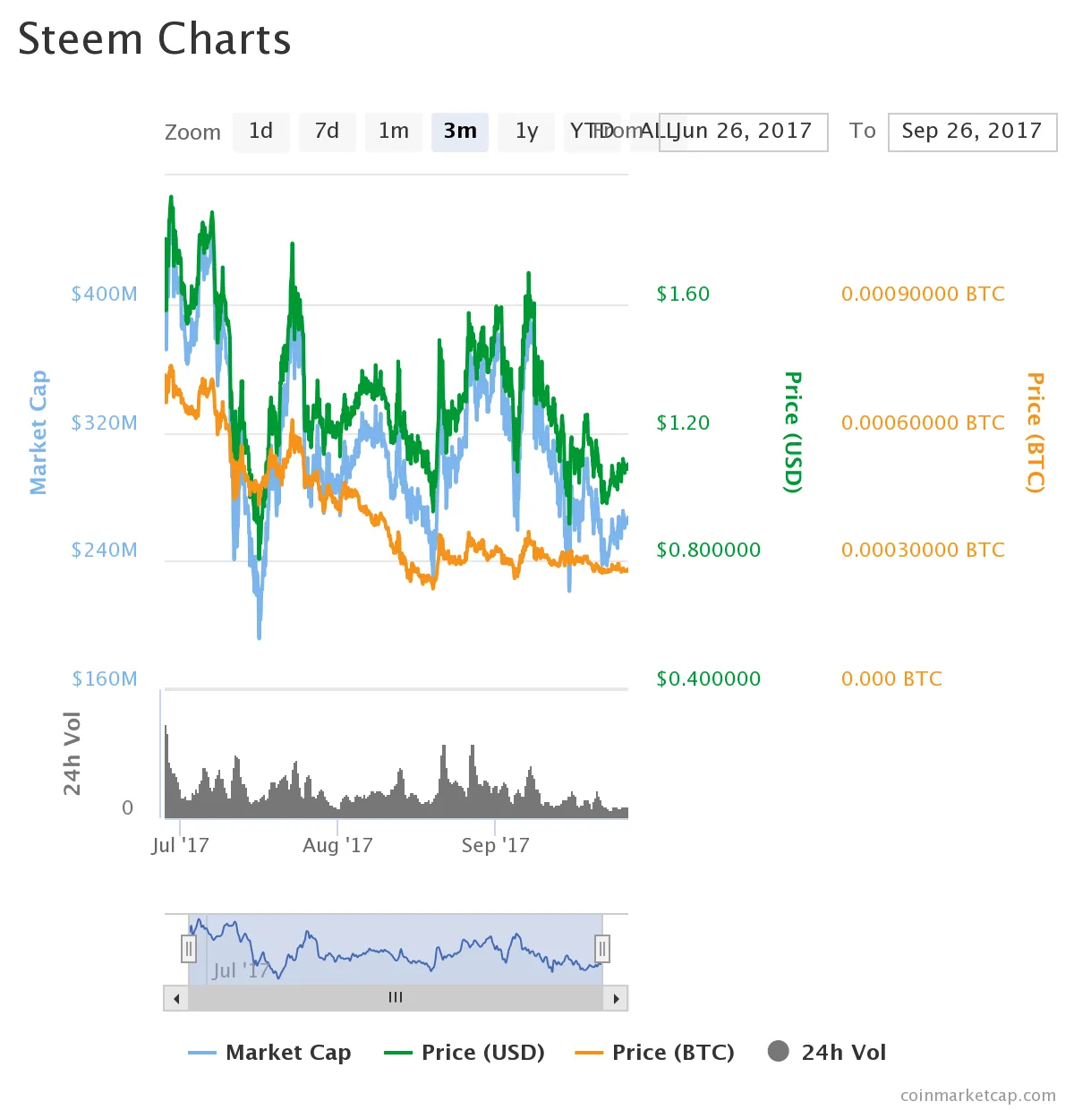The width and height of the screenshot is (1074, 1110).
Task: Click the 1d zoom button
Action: (260, 132)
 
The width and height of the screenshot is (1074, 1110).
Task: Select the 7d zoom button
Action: (327, 132)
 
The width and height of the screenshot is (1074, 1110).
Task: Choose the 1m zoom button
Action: (393, 132)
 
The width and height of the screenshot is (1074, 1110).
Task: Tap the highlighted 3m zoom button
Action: (460, 132)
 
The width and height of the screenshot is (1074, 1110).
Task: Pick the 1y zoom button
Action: (526, 132)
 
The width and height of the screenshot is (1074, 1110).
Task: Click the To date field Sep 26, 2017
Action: (972, 132)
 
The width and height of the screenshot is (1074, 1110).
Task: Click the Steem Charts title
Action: (155, 39)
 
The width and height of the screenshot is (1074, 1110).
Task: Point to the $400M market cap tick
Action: (105, 294)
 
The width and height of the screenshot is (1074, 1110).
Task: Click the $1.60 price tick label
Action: (683, 294)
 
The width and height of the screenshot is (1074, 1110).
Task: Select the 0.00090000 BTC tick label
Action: (923, 294)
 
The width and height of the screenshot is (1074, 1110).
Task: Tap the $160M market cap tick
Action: (105, 679)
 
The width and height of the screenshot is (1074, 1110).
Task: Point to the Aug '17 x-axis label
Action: (337, 845)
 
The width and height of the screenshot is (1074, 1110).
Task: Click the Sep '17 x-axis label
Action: (495, 845)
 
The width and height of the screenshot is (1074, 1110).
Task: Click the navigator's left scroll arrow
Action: (176, 998)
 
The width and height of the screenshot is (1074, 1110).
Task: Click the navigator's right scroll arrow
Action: (616, 998)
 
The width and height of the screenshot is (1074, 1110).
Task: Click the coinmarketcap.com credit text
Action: (977, 1095)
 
